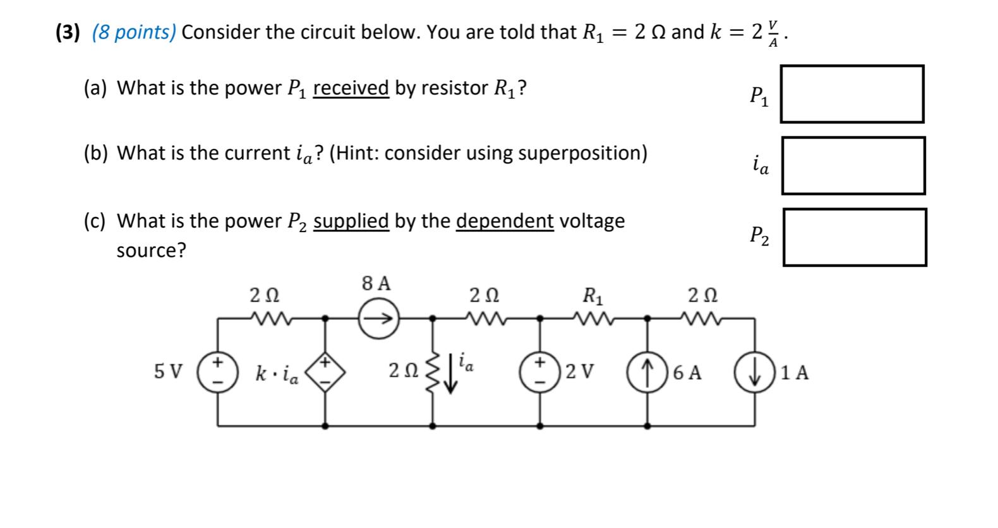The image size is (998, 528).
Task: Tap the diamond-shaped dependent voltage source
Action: tap(325, 373)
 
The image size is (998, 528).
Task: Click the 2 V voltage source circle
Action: tap(540, 372)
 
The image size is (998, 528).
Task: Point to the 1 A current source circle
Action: tap(755, 372)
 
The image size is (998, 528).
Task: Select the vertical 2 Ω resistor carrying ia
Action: tap(433, 372)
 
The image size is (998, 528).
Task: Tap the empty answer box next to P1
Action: tap(851, 94)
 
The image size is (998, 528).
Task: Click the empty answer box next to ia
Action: tap(853, 165)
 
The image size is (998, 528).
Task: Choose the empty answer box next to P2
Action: tap(854, 237)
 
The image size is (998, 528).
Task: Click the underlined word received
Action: tap(351, 88)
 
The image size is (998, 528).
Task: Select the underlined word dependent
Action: tap(504, 221)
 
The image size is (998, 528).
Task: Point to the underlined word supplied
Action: tap(351, 221)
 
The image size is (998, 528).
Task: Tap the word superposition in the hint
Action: tap(580, 153)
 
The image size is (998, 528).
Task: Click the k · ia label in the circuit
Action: tap(277, 374)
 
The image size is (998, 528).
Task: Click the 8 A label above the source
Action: tap(376, 284)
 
